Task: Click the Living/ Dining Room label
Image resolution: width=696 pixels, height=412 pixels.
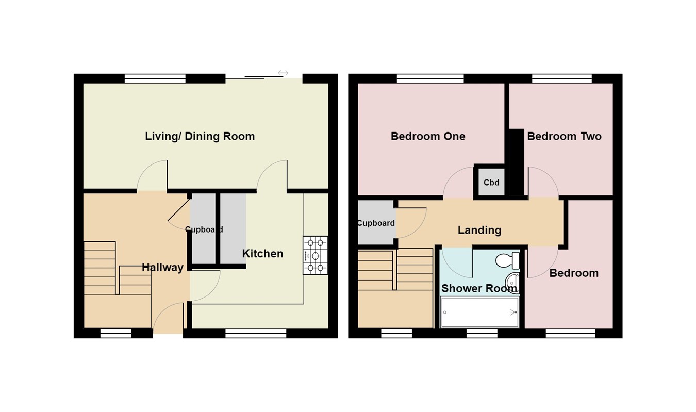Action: click(x=200, y=137)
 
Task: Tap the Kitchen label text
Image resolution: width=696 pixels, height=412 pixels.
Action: click(x=262, y=254)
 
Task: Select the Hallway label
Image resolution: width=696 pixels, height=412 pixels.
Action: click(x=162, y=268)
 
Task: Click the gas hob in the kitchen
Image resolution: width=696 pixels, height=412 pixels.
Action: click(x=315, y=255)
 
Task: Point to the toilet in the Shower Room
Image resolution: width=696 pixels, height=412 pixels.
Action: click(x=507, y=260)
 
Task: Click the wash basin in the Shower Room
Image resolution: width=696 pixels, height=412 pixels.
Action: click(x=512, y=283)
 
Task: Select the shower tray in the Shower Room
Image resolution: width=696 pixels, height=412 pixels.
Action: click(x=479, y=312)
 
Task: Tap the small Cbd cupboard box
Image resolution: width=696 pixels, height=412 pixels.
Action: click(x=491, y=182)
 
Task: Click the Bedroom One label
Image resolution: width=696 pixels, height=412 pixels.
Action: click(x=427, y=137)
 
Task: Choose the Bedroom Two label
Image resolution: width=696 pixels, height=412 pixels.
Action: click(x=564, y=137)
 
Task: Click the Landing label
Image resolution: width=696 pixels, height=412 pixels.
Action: click(x=479, y=230)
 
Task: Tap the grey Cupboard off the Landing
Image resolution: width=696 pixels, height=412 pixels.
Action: click(x=376, y=223)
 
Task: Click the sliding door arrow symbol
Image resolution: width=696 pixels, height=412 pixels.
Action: click(x=283, y=73)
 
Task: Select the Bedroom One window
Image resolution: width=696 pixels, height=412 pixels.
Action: click(x=430, y=78)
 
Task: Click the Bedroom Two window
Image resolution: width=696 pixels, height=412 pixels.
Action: click(x=561, y=78)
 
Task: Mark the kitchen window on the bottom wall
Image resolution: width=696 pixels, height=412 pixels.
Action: click(x=256, y=334)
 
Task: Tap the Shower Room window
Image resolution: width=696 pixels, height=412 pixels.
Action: click(x=482, y=334)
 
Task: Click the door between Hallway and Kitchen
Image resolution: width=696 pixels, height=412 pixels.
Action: click(x=205, y=286)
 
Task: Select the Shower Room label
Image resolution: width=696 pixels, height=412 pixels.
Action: click(x=478, y=289)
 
